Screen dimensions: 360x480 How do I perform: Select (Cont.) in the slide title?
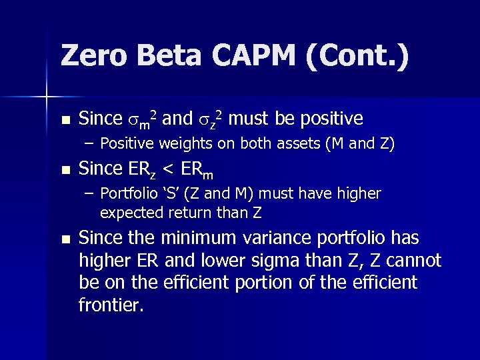pos(357,56)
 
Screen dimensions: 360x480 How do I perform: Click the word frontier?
pos(111,305)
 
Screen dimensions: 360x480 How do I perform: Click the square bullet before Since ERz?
pos(64,171)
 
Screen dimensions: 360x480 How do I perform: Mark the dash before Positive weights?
pos(89,143)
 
